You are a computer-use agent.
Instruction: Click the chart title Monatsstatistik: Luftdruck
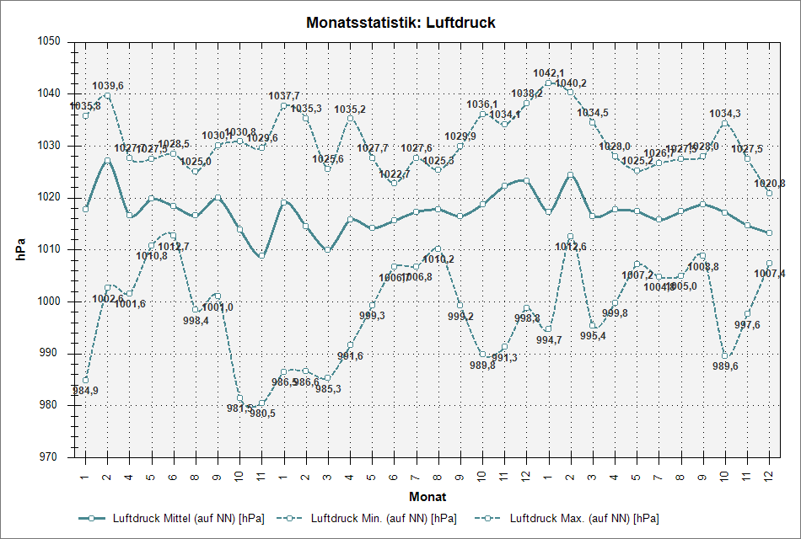(400, 23)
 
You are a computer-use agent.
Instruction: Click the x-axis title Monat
(427, 496)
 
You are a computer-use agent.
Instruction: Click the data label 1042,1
(549, 73)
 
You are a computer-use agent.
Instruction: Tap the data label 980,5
(261, 414)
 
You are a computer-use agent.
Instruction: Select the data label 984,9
(85, 391)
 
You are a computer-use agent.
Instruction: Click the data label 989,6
(725, 366)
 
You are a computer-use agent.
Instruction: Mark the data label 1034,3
(725, 114)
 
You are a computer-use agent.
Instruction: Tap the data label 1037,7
(284, 96)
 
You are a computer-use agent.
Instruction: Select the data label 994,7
(549, 340)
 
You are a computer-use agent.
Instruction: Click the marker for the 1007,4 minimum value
(769, 264)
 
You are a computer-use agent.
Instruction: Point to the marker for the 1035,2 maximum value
(350, 118)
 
